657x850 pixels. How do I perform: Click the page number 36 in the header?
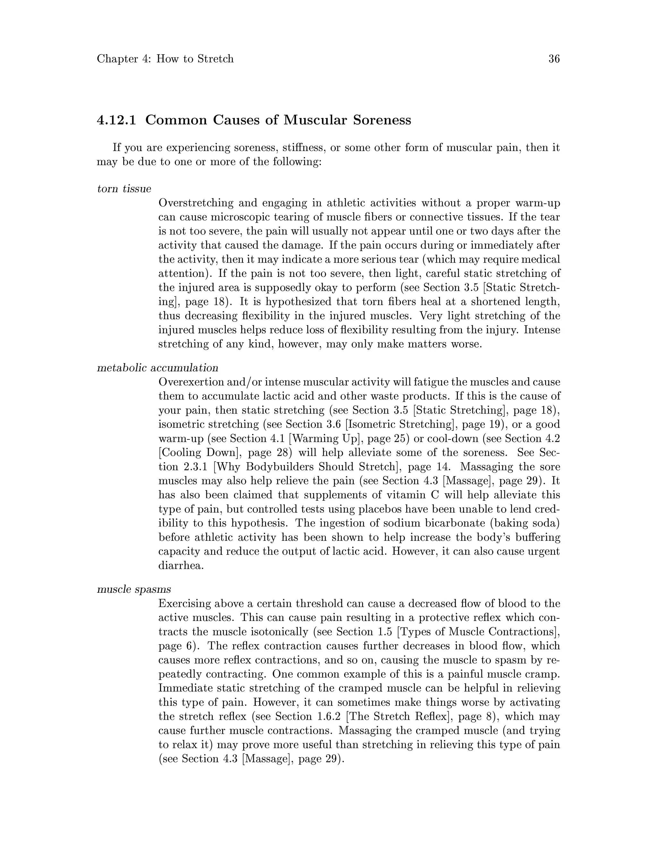click(x=554, y=59)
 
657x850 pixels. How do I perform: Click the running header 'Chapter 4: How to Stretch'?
click(x=165, y=59)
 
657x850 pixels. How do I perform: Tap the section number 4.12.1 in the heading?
click(x=116, y=120)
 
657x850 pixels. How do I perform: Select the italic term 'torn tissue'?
click(x=124, y=189)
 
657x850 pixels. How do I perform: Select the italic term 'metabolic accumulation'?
click(x=157, y=368)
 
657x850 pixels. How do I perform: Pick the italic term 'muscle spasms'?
click(x=134, y=590)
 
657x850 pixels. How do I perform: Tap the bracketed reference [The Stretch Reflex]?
click(x=400, y=717)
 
